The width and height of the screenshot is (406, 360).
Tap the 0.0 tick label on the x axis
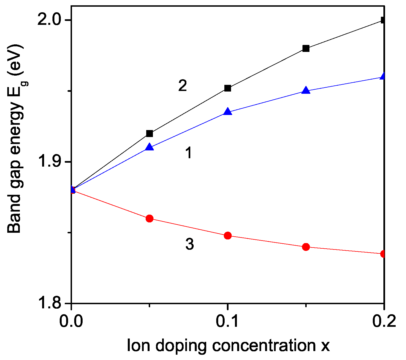click(x=72, y=321)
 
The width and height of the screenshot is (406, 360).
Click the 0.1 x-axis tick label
click(x=228, y=321)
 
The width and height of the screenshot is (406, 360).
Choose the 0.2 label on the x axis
click(x=384, y=321)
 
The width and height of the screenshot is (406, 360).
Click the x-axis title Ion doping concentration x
click(x=228, y=345)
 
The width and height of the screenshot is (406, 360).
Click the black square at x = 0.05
click(x=150, y=133)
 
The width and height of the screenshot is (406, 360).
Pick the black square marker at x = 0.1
click(x=228, y=88)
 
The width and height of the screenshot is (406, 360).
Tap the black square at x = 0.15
click(x=306, y=48)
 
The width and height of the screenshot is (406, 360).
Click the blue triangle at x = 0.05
click(x=150, y=147)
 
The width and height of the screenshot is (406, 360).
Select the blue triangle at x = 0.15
click(x=306, y=90)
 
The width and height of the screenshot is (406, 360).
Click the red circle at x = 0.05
click(x=150, y=218)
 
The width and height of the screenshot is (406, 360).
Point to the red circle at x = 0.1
click(x=228, y=235)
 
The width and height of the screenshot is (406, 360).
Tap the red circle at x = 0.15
click(x=306, y=247)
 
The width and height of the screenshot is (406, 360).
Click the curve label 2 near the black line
click(x=182, y=86)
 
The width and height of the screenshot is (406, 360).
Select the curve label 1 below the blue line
click(x=189, y=153)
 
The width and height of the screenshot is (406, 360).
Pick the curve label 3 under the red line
click(x=189, y=244)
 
